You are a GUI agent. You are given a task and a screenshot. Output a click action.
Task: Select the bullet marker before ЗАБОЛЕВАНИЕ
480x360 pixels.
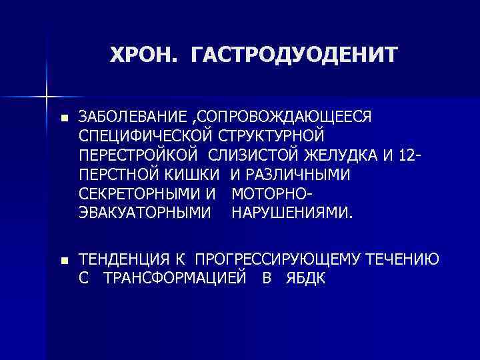click(63, 118)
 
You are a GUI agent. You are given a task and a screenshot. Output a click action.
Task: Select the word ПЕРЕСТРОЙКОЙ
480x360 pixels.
click(139, 156)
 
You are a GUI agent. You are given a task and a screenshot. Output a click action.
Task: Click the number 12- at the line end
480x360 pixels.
click(407, 156)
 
